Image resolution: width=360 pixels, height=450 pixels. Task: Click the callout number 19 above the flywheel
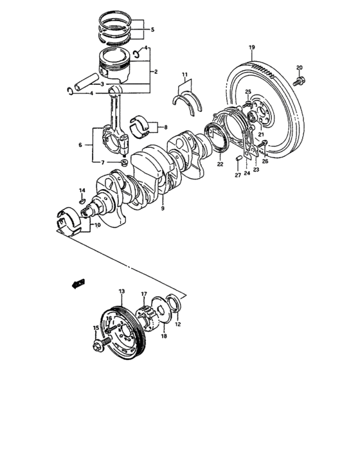[x=252, y=48]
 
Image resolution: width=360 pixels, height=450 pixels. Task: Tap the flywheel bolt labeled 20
[x=300, y=80]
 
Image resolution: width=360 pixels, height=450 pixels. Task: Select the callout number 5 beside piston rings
[x=152, y=30]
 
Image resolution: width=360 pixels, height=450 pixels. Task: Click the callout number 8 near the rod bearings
[x=165, y=127]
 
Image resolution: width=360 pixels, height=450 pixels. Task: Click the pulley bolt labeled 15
[x=100, y=346]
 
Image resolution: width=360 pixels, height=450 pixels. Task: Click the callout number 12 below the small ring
[x=177, y=325]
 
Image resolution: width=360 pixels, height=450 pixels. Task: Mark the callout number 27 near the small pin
[x=237, y=175]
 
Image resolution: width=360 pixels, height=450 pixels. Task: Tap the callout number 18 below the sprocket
[x=163, y=336]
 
